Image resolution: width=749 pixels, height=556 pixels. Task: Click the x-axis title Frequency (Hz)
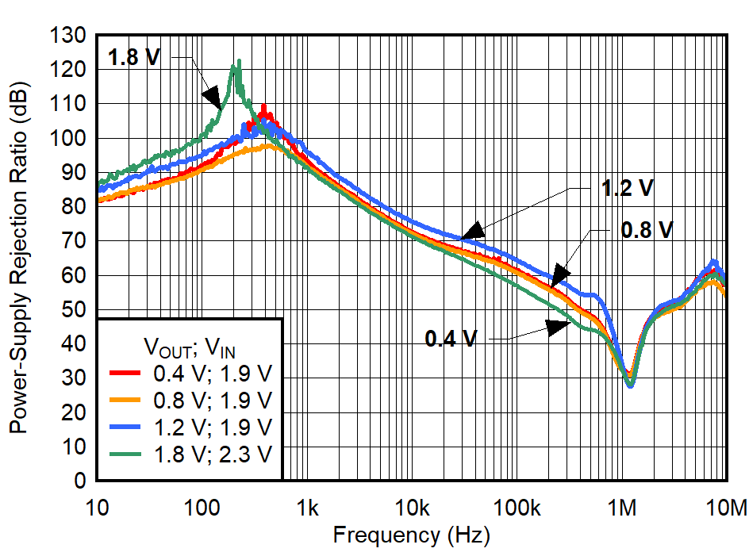coord(411,535)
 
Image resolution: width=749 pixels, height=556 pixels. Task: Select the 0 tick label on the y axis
coord(80,481)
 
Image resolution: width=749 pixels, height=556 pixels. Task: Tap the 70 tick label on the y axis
coord(75,241)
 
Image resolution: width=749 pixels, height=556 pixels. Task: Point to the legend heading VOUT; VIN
coord(190,346)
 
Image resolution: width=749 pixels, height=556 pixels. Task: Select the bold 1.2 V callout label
coord(627,189)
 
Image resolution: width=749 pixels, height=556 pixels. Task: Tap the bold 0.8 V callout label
coord(646,230)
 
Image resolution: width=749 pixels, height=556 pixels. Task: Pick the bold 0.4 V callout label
coord(451,339)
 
